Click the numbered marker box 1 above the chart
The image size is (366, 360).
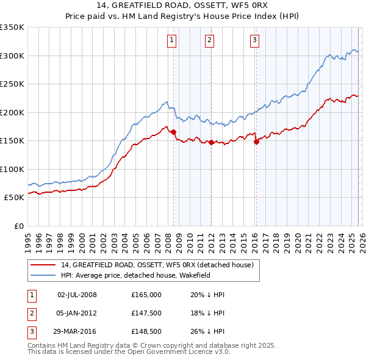(171, 41)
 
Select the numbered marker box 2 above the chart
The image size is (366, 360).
(209, 41)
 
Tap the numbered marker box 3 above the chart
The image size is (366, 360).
(254, 41)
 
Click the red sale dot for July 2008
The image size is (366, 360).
(174, 132)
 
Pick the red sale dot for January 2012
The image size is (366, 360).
(212, 142)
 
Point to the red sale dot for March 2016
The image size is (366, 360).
(256, 142)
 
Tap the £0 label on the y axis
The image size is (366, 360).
(18, 226)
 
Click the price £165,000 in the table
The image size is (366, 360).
(146, 295)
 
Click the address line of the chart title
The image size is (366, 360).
(183, 6)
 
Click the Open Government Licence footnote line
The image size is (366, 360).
(129, 352)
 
